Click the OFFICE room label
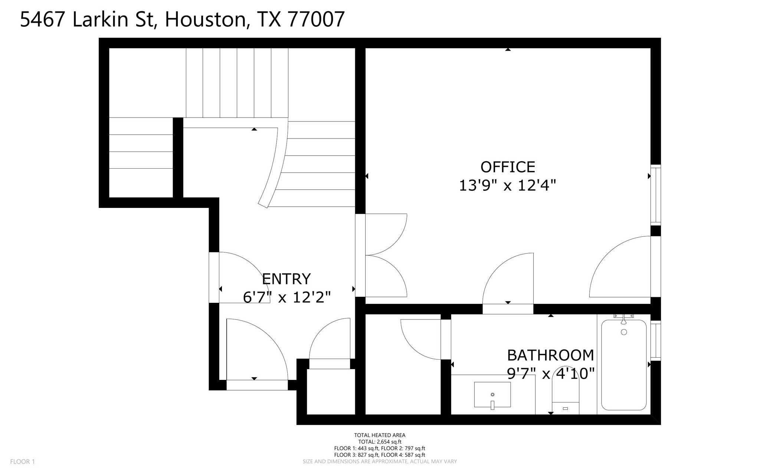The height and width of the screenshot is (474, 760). click(x=507, y=167)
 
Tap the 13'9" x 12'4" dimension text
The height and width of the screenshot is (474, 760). click(x=507, y=185)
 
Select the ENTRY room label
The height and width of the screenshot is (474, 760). click(x=286, y=279)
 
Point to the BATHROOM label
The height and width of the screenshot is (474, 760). click(x=550, y=355)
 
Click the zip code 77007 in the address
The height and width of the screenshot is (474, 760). click(x=316, y=19)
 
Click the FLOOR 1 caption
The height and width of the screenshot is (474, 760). click(x=22, y=461)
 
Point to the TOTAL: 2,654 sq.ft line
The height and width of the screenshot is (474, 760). click(x=380, y=442)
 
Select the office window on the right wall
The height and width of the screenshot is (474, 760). click(x=656, y=195)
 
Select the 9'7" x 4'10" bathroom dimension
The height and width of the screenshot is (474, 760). click(x=550, y=374)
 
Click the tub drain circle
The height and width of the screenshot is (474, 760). click(x=624, y=332)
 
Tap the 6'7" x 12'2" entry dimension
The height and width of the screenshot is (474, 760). click(x=286, y=297)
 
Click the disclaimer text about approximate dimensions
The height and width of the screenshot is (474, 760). click(x=380, y=461)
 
